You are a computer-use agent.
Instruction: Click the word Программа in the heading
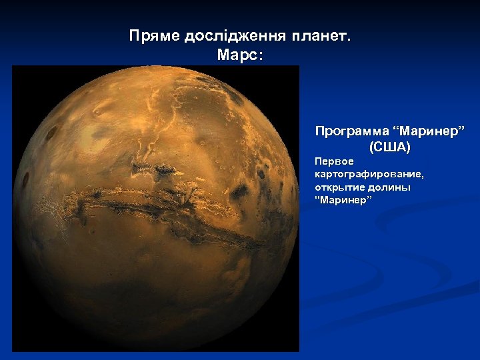click(351, 130)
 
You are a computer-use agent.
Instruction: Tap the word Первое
click(330, 161)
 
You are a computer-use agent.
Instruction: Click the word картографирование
click(369, 174)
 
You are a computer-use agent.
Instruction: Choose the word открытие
click(340, 187)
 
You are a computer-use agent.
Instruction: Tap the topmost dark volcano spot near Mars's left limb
click(51, 133)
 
